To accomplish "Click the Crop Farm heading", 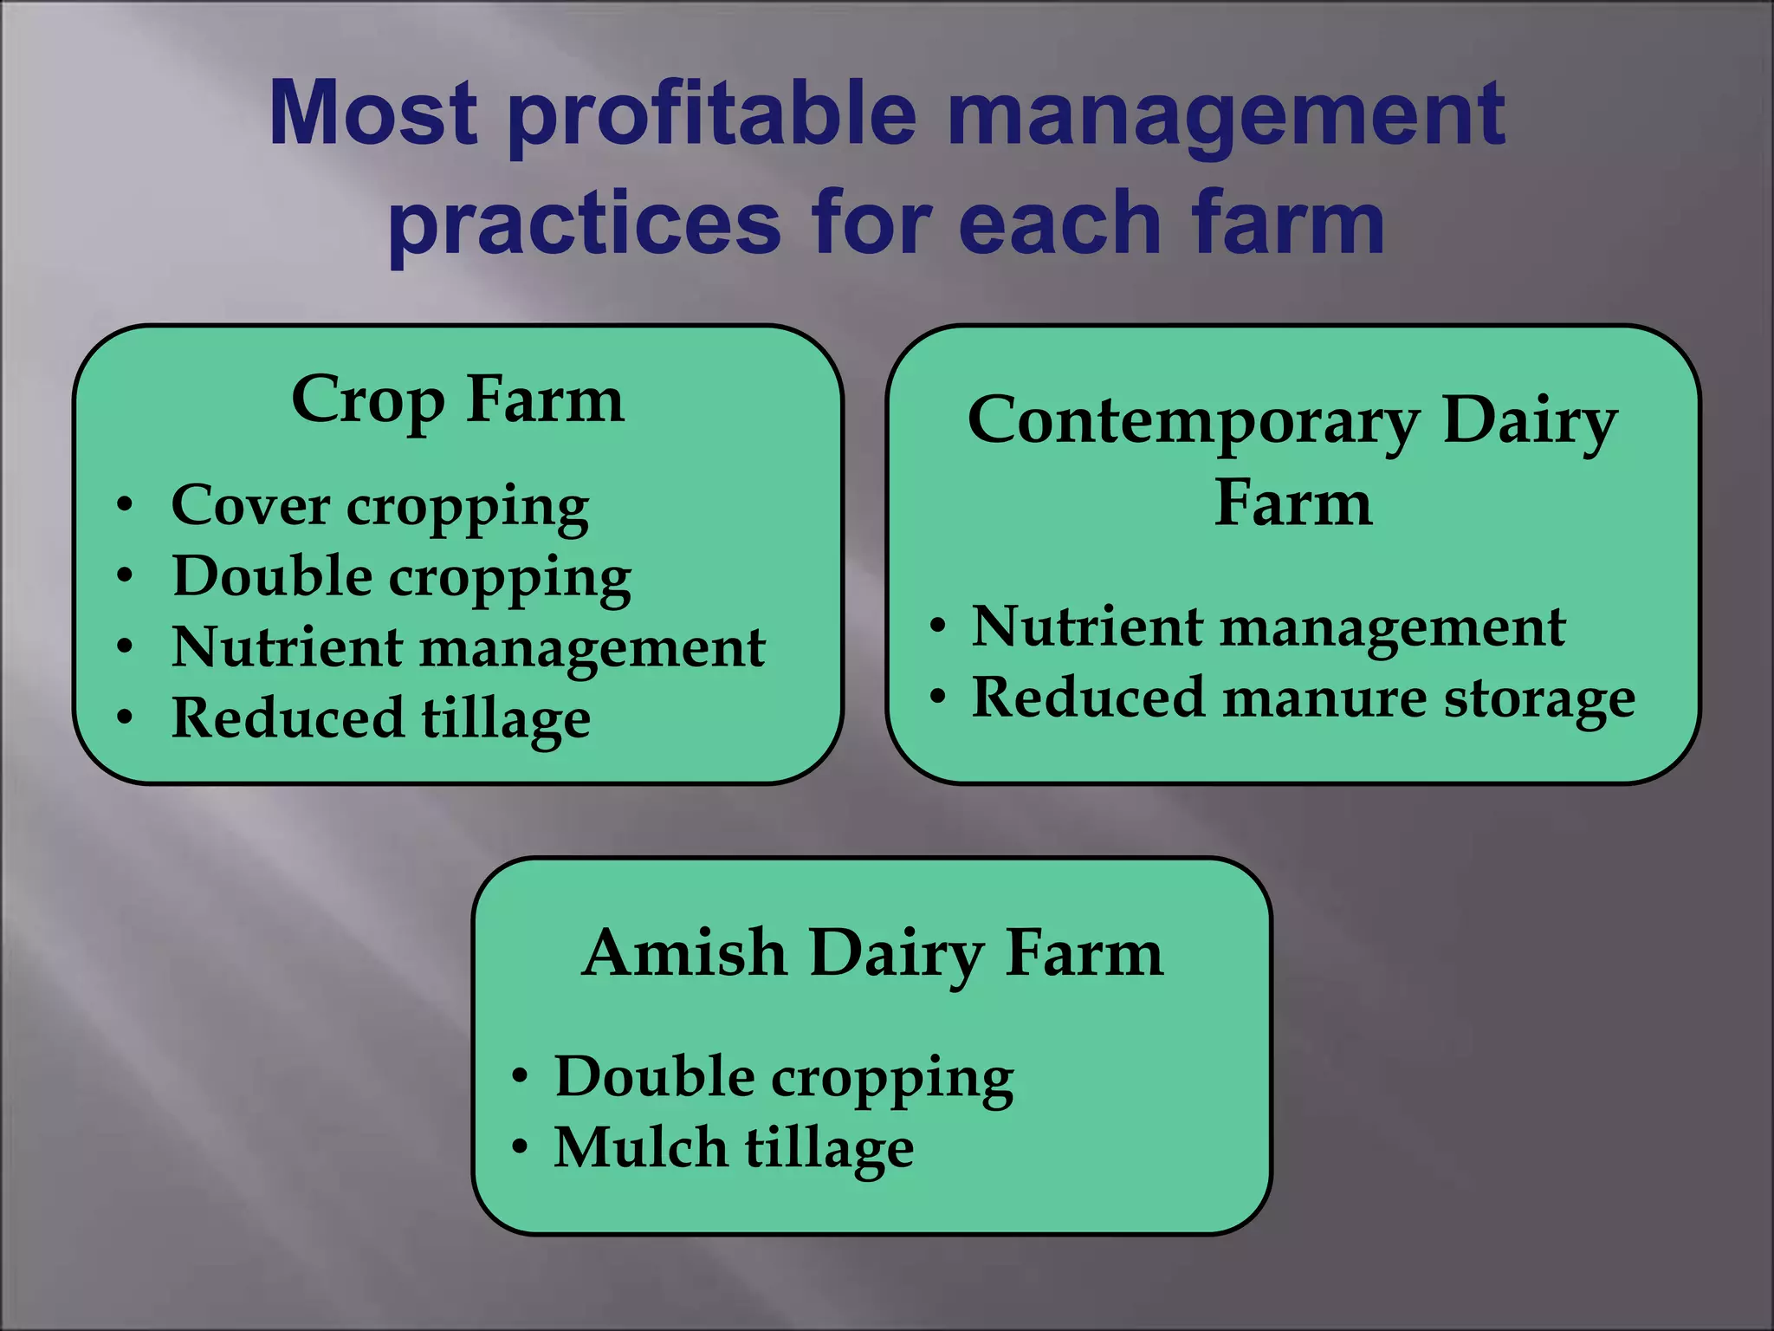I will (x=457, y=400).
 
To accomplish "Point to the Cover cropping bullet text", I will (x=379, y=506).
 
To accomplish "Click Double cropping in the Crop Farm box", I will (x=401, y=577).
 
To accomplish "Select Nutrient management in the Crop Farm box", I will (x=468, y=647).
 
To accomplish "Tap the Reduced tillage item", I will (x=381, y=718).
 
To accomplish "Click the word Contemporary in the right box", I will (x=1193, y=421).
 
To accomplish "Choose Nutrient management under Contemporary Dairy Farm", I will (x=1268, y=627).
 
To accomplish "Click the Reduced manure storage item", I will (x=1303, y=698).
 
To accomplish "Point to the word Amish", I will (x=683, y=953).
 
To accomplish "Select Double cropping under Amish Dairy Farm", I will (x=783, y=1077).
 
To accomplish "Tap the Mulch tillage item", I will (x=733, y=1148).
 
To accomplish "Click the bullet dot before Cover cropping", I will (x=126, y=505).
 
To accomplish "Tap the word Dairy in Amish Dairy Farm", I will (x=896, y=953).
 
